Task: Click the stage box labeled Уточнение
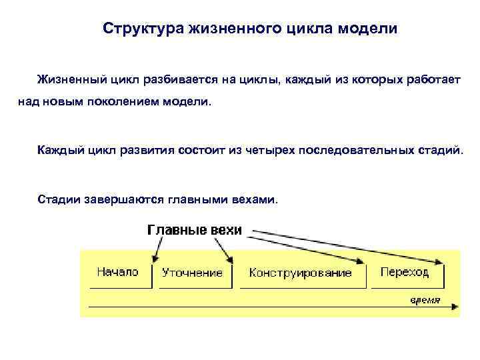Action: [192, 273]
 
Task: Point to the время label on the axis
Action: [425, 299]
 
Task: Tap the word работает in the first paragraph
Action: [435, 80]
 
